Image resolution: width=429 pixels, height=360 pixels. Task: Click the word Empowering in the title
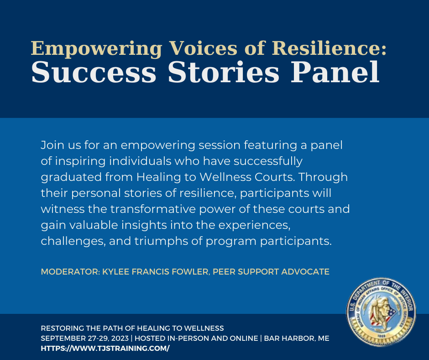96,49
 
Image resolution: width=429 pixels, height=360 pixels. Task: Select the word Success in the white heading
94,72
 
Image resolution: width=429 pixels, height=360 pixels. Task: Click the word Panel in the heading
335,72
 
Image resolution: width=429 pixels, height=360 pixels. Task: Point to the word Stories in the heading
224,72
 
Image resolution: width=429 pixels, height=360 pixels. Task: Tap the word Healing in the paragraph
159,177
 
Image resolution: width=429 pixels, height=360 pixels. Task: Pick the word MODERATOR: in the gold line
70,272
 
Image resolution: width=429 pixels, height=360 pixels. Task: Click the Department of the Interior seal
381,312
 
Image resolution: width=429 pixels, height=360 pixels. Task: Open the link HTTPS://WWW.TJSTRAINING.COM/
105,349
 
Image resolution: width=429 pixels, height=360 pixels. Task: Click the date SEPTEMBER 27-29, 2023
84,339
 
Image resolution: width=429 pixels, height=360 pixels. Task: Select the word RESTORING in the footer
63,328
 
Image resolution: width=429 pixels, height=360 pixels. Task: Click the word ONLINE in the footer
244,339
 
